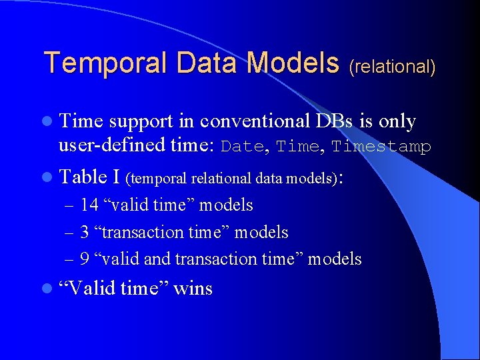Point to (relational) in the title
[392, 67]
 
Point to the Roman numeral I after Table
[117, 176]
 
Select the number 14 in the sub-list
[89, 205]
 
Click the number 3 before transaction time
[84, 232]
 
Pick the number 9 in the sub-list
[84, 259]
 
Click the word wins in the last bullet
[193, 288]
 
